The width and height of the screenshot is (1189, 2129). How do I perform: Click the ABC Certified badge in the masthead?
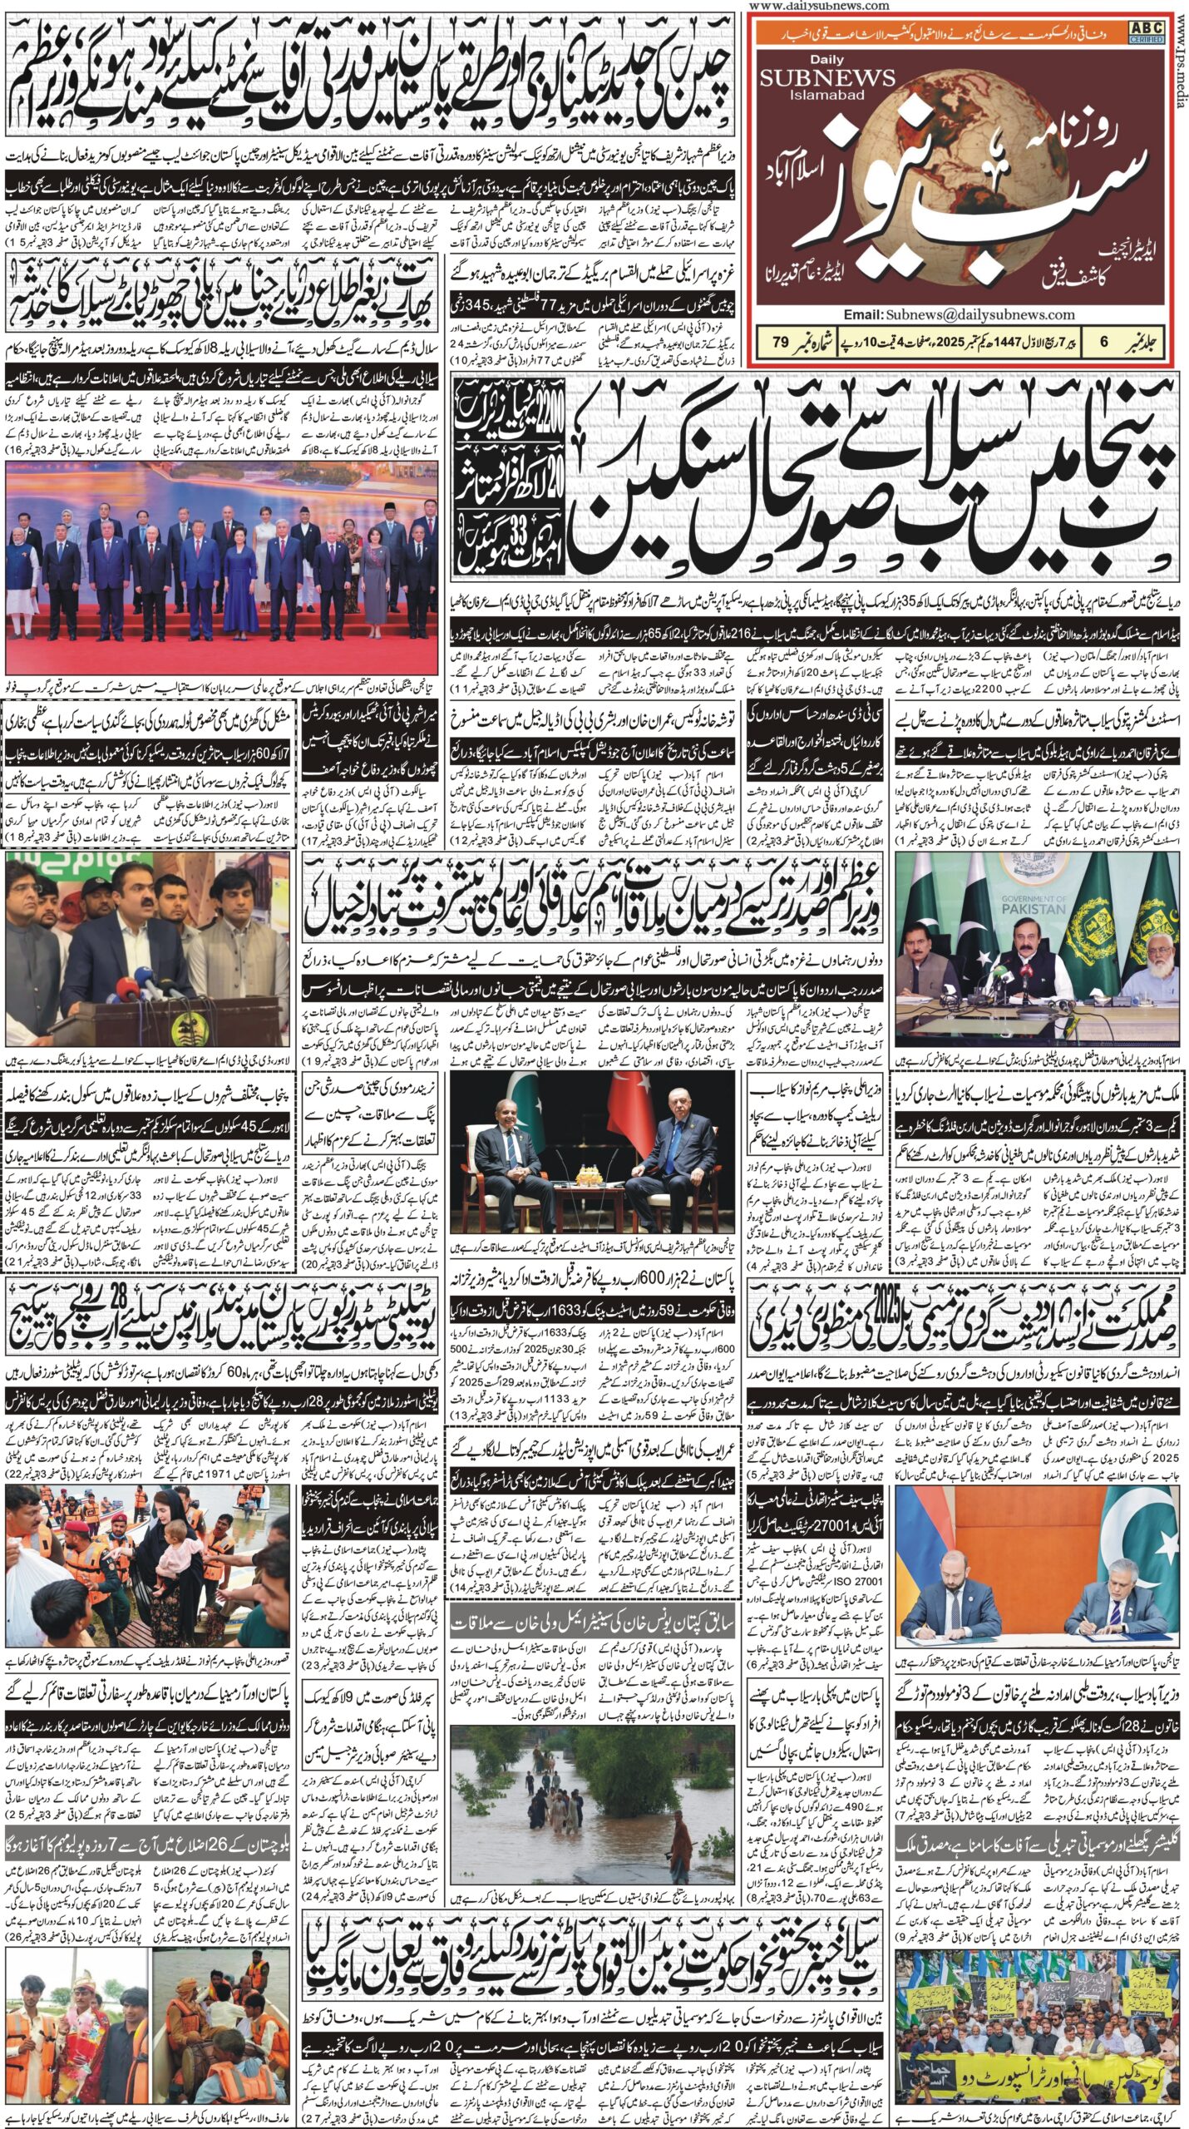(1145, 32)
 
